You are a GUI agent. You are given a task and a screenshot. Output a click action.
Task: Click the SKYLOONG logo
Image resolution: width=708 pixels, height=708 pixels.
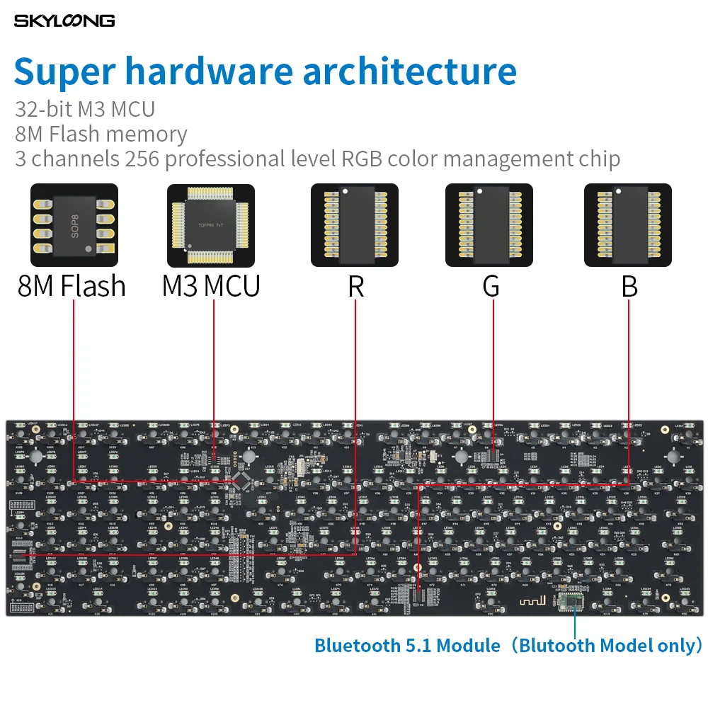click(64, 21)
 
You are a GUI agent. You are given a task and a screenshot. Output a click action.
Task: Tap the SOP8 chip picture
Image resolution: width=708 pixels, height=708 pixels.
click(74, 224)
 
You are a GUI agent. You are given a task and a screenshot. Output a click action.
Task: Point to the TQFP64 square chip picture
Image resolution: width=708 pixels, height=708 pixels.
click(210, 224)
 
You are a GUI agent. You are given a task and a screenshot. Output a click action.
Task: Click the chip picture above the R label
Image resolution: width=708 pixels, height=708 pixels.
click(355, 224)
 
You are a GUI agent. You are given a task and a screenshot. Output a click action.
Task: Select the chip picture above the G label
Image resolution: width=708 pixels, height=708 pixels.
click(489, 224)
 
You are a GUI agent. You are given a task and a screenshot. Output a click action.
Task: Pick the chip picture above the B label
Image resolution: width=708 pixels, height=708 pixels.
click(627, 224)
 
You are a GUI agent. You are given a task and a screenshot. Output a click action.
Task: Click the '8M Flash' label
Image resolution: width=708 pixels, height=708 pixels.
click(72, 286)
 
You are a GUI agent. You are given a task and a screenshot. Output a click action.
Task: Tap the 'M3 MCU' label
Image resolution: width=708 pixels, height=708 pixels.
click(211, 286)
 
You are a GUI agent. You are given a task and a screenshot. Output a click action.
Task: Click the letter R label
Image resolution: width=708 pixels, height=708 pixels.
click(355, 286)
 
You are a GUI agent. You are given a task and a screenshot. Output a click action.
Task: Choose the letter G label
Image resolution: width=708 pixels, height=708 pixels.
click(491, 286)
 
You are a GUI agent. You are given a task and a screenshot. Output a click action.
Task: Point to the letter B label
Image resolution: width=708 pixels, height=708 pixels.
click(629, 286)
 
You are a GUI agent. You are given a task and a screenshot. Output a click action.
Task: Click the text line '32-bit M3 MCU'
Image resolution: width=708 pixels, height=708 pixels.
click(85, 109)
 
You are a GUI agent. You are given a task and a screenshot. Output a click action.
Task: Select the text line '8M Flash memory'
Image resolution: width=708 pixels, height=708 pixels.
click(101, 134)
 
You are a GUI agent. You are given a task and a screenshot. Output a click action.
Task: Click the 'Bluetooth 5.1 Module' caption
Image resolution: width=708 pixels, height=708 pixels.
click(406, 646)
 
